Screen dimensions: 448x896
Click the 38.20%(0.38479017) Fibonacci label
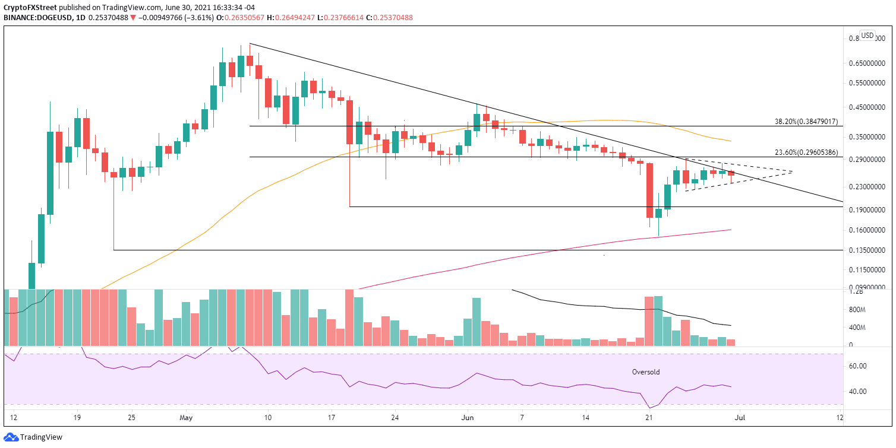806,122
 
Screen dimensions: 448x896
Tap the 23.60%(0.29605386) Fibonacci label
806,152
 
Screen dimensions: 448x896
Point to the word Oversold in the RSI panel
645,372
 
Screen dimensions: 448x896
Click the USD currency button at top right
867,35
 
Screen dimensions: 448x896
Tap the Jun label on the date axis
468,417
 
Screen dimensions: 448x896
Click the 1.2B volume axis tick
857,292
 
